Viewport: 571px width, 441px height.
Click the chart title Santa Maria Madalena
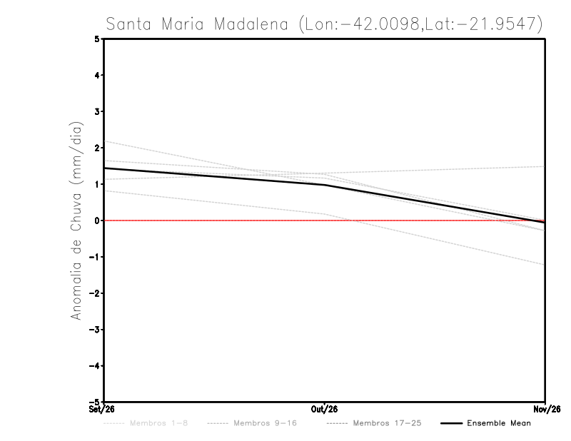(197, 24)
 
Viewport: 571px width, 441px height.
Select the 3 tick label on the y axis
(97, 111)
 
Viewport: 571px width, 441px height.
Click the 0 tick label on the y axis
(97, 220)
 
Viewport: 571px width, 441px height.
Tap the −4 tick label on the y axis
(94, 365)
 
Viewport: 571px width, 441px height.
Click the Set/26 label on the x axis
(101, 410)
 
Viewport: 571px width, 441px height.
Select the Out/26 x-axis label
(324, 410)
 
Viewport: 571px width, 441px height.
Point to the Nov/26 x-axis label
(547, 410)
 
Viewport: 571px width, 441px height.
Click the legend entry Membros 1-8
(146, 423)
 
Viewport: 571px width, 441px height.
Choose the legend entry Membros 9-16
(252, 423)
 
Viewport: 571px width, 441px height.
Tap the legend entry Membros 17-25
(374, 423)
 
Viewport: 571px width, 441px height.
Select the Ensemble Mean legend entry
(486, 423)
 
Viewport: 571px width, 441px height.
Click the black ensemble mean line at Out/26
(325, 185)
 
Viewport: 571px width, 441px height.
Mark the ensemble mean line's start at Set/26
(104, 168)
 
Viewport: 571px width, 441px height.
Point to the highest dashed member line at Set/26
(104, 141)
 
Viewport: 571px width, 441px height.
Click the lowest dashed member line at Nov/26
(545, 264)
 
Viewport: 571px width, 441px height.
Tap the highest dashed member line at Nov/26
(545, 166)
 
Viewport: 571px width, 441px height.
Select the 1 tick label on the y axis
(97, 184)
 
